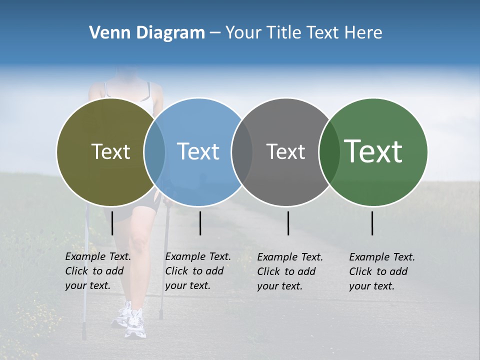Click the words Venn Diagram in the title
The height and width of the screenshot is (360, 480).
(x=147, y=33)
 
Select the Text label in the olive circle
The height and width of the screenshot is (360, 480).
(x=110, y=151)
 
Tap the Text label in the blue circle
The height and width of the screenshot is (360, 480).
(x=198, y=151)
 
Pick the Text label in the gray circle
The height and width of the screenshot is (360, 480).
(x=285, y=151)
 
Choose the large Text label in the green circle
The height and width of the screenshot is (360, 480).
(x=373, y=151)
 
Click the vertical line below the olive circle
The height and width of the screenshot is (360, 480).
(x=112, y=223)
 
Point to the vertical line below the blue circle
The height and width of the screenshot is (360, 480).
(x=200, y=223)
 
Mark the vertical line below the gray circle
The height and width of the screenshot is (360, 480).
(x=288, y=223)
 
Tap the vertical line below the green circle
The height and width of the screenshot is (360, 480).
(x=372, y=223)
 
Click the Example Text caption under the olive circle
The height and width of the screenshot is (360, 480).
(x=98, y=271)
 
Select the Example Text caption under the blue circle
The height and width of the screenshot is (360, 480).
(x=198, y=271)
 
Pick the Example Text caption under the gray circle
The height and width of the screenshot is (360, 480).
(x=290, y=271)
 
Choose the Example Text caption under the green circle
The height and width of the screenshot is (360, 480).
(x=382, y=271)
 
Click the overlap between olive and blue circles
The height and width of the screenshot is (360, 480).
(x=154, y=151)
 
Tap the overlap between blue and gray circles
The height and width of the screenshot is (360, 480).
(x=242, y=151)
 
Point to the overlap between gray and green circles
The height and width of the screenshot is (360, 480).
(x=329, y=151)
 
